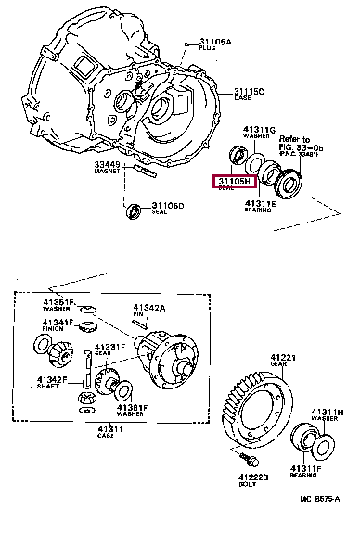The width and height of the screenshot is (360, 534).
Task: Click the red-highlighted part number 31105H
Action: point(235,182)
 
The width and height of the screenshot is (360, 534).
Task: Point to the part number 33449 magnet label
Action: point(106,164)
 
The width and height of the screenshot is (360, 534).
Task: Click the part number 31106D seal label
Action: point(168,205)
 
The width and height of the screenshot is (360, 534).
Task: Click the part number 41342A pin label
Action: point(148,308)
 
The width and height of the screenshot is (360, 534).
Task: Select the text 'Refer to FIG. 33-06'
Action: point(318,136)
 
